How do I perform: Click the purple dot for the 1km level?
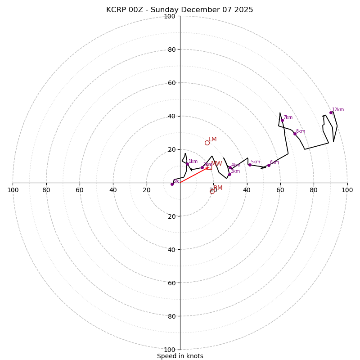187,164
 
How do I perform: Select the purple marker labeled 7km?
282,120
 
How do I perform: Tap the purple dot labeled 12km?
331,112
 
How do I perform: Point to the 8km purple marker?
295,134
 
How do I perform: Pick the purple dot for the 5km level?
250,165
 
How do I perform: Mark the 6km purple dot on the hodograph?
269,165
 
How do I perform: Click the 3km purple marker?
229,174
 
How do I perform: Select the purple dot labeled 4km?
230,168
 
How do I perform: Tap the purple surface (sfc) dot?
172,184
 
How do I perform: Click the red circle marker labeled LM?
207,143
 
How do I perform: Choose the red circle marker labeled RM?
212,191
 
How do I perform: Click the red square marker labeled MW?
209,167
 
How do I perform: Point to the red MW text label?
216,164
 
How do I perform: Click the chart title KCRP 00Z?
180,10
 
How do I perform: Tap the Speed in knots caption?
180,356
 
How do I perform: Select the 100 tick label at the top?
170,17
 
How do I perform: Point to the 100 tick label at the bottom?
170,350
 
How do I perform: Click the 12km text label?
338,109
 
